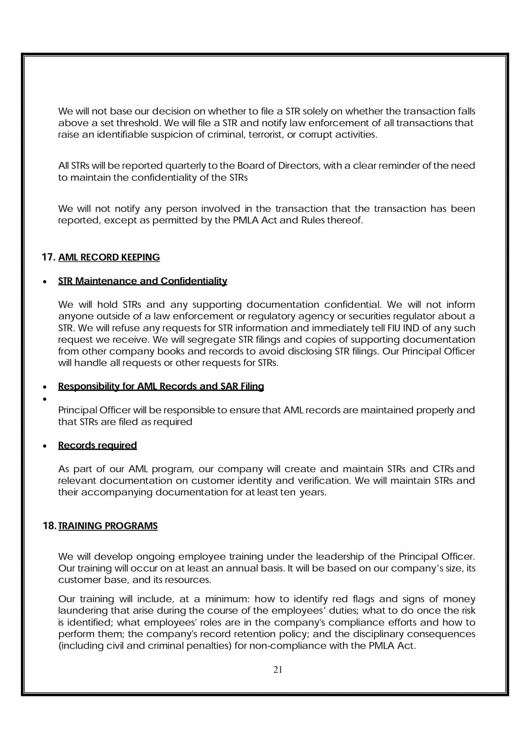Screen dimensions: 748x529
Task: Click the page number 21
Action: pos(278,669)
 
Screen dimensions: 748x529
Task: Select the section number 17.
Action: pos(49,257)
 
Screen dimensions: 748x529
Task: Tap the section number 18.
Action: pos(49,526)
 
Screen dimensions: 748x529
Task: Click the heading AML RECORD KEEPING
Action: pos(109,257)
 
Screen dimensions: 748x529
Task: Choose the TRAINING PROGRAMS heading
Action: pos(108,526)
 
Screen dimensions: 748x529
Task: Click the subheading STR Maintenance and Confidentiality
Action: pos(143,281)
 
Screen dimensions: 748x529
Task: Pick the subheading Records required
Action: pos(97,445)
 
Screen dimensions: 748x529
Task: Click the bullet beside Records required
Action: pos(45,446)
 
